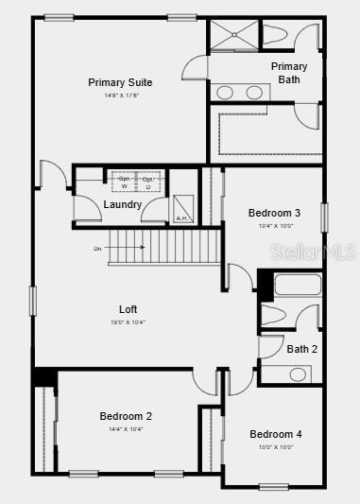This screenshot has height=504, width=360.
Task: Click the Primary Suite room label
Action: pyautogui.click(x=120, y=82)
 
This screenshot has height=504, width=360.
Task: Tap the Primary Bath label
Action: pyautogui.click(x=289, y=73)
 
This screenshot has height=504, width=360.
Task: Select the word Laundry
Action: pyautogui.click(x=123, y=204)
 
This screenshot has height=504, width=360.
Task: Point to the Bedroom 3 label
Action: pyautogui.click(x=274, y=213)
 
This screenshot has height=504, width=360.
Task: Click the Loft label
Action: pyautogui.click(x=128, y=309)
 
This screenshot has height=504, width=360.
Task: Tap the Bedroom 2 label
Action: pyautogui.click(x=126, y=415)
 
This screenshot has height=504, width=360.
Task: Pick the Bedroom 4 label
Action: pyautogui.click(x=276, y=434)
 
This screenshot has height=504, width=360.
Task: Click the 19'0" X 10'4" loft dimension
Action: pyautogui.click(x=128, y=322)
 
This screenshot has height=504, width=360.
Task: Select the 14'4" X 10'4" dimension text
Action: pyautogui.click(x=126, y=428)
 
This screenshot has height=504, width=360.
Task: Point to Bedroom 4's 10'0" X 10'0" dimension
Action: pyautogui.click(x=276, y=446)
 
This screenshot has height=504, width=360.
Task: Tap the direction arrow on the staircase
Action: pyautogui.click(x=132, y=248)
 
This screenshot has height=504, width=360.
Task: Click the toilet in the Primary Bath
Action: pyautogui.click(x=277, y=34)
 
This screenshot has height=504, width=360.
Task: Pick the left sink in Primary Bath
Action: pyautogui.click(x=226, y=93)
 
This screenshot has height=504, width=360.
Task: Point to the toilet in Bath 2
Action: pyautogui.click(x=272, y=316)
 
